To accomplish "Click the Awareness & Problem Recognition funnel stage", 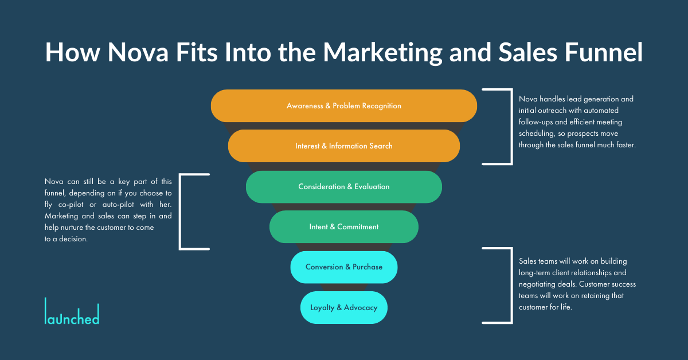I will point(344,105).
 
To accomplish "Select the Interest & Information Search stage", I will point(344,146).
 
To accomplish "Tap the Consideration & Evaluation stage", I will point(344,186).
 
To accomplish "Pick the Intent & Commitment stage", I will point(344,226).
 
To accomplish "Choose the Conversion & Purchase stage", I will point(344,267).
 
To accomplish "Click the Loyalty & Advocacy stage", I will point(344,307).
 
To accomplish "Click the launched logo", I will point(72,312).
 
